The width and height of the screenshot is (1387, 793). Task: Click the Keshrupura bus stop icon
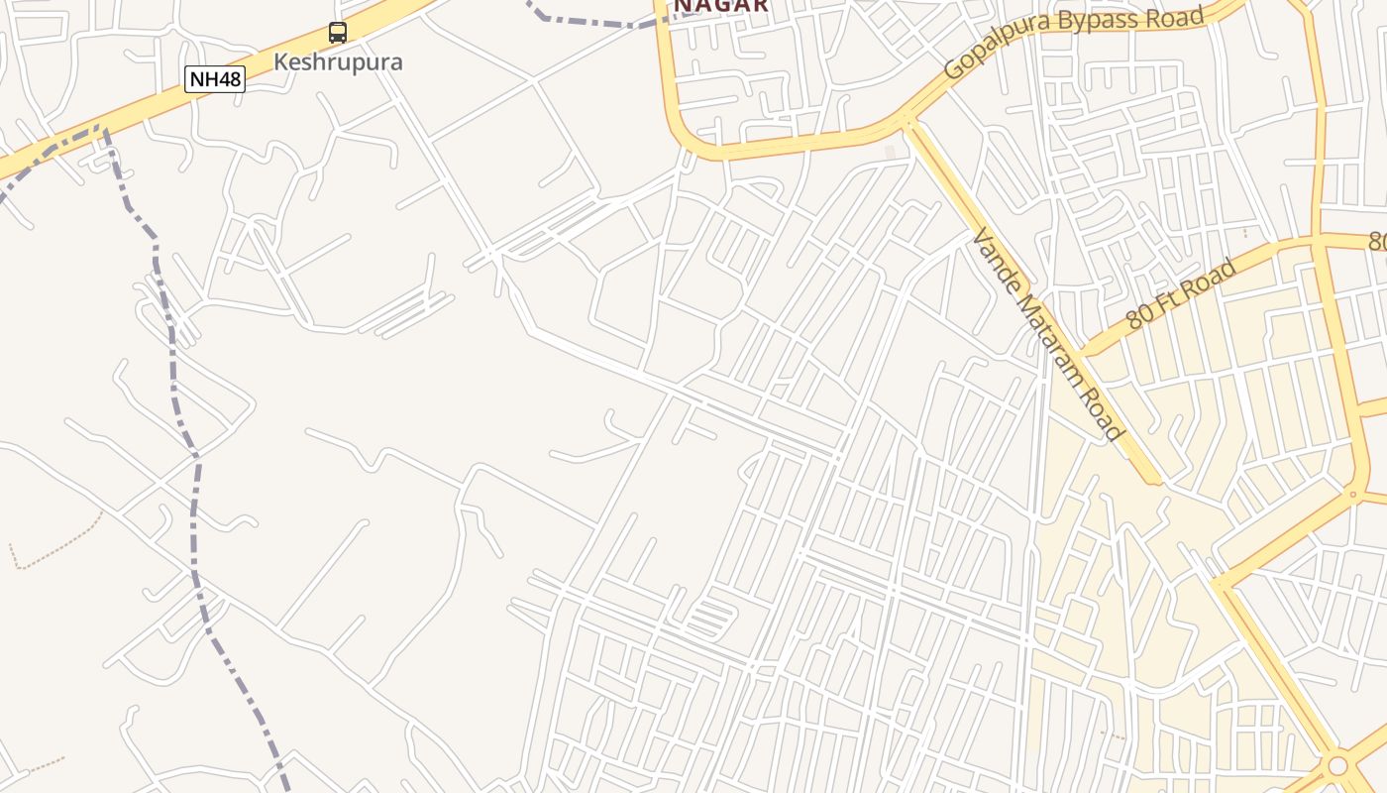[x=338, y=33]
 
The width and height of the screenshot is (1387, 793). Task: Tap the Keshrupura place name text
[x=338, y=61]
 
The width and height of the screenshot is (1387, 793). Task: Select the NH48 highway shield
[x=214, y=79]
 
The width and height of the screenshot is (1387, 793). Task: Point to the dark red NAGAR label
[x=721, y=6]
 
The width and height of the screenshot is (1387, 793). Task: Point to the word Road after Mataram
[x=1107, y=417]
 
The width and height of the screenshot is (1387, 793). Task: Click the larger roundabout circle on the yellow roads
[x=1337, y=766]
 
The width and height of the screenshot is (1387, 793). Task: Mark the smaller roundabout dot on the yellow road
[x=1353, y=493]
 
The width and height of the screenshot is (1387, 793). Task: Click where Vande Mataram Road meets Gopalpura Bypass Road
[x=907, y=122]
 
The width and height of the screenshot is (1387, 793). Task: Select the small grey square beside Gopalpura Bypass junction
[x=890, y=152]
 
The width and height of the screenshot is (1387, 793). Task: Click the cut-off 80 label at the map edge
[x=1378, y=242]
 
